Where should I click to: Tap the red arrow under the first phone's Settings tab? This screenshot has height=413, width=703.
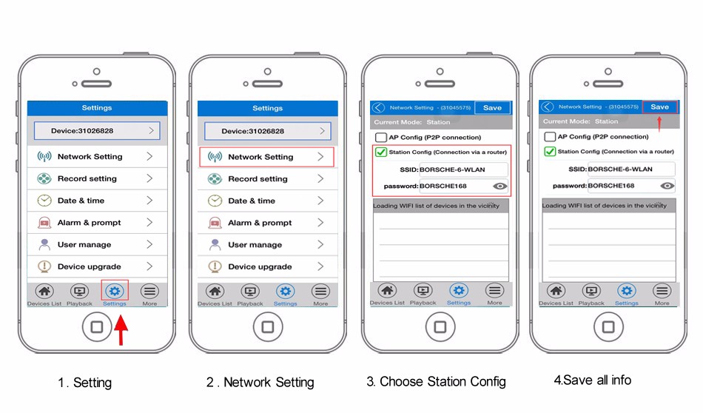121,330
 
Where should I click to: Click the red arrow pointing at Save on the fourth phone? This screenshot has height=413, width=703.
659,124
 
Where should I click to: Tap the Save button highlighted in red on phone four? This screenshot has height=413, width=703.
659,107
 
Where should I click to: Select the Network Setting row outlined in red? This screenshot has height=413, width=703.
266,157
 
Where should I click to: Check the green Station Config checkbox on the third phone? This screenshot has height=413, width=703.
380,152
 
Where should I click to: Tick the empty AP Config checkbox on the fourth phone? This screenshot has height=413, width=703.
550,137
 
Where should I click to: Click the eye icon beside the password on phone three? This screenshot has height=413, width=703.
500,186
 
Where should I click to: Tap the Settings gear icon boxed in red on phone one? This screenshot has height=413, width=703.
115,292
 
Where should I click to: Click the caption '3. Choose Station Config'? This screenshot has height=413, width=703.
437,382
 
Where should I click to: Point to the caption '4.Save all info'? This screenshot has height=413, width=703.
592,380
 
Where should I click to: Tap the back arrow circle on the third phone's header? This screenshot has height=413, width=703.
378,107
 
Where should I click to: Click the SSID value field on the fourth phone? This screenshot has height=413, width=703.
630,169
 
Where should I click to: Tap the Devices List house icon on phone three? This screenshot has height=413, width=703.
387,291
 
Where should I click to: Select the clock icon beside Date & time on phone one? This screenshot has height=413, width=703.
44,201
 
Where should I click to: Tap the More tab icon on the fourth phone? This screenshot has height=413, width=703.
662,291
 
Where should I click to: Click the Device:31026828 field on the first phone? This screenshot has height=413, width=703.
97,130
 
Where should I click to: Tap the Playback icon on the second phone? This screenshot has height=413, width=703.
250,292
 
